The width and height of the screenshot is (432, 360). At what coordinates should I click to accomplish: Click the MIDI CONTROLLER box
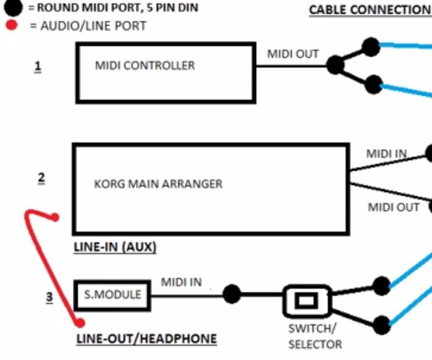[165, 73]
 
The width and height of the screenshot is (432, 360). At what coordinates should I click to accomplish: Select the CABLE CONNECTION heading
[370, 11]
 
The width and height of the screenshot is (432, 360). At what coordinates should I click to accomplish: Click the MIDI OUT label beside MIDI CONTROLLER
[293, 54]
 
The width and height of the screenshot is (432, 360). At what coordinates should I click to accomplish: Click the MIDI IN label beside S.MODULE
[181, 282]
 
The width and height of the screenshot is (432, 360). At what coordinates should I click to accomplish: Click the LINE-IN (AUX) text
[115, 248]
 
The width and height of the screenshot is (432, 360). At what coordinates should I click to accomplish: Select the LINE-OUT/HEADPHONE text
[147, 339]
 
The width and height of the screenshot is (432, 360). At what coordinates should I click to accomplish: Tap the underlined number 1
[37, 67]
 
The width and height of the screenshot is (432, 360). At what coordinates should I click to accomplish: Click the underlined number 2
[41, 178]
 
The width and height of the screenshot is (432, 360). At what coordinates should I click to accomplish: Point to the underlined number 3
[49, 297]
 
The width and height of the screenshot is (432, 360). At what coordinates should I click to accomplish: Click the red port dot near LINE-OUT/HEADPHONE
[80, 323]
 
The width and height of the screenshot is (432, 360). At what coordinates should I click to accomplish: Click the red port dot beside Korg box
[55, 217]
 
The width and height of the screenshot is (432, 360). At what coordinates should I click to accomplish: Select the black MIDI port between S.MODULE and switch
[231, 294]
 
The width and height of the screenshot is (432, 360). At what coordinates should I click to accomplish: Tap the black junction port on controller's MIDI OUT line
[336, 66]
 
